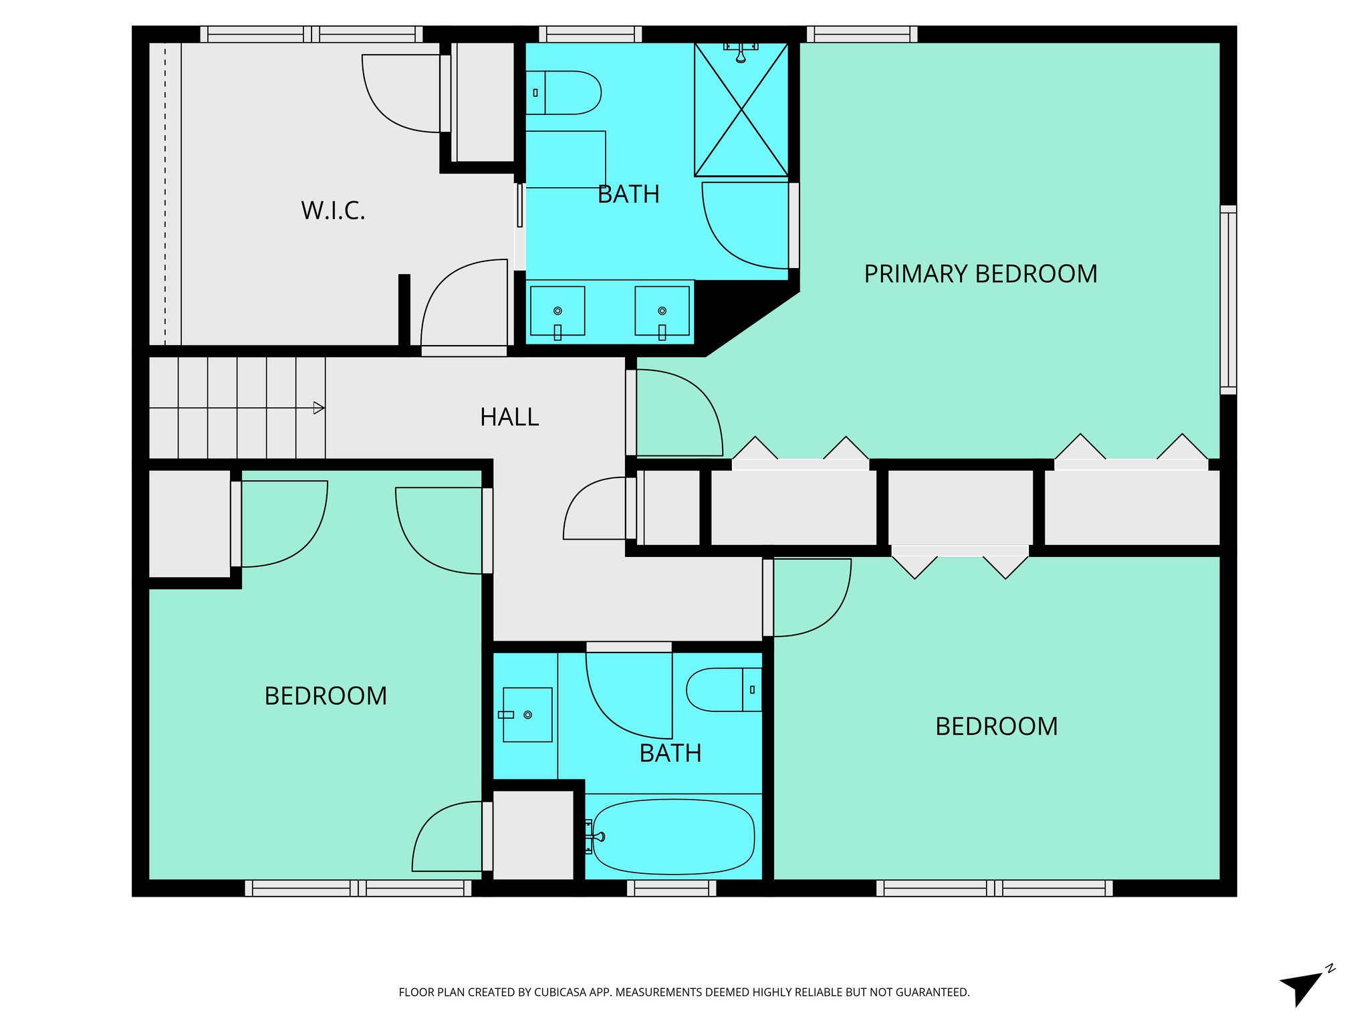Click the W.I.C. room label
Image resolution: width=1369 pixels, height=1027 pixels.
pyautogui.click(x=333, y=211)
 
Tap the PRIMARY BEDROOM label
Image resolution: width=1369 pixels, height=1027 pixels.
pyautogui.click(x=980, y=274)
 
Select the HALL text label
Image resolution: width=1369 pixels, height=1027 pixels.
pyautogui.click(x=509, y=417)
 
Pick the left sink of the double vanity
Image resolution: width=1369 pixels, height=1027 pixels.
pyautogui.click(x=557, y=312)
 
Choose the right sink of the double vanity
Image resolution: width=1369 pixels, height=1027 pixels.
pyautogui.click(x=662, y=312)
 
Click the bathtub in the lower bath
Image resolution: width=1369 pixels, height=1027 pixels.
pyautogui.click(x=673, y=836)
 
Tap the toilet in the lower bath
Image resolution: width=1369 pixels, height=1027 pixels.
pyautogui.click(x=722, y=689)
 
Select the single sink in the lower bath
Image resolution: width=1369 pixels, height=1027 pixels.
pyautogui.click(x=527, y=715)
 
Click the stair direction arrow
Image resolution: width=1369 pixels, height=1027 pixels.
pyautogui.click(x=319, y=408)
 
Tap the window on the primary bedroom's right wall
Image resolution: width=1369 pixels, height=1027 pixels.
pyautogui.click(x=1228, y=300)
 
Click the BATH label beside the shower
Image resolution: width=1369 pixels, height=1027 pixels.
pyautogui.click(x=628, y=195)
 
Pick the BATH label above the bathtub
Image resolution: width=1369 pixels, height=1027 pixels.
pyautogui.click(x=670, y=754)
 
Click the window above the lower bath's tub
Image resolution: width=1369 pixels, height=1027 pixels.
pyautogui.click(x=672, y=888)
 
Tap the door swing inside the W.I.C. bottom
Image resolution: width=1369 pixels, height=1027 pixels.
pyautogui.click(x=464, y=304)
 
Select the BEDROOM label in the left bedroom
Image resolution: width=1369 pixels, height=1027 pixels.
pyautogui.click(x=326, y=696)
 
